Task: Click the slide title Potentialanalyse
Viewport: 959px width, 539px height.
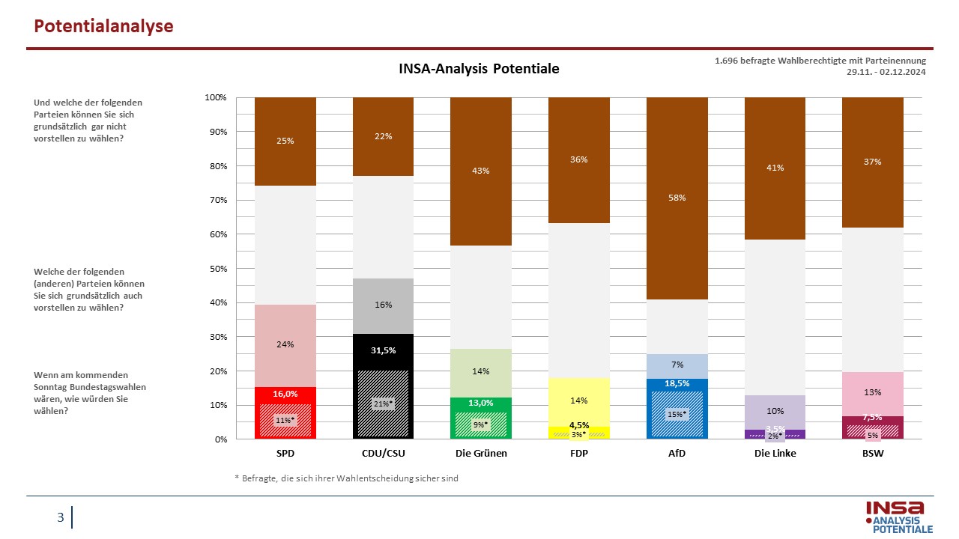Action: (x=103, y=26)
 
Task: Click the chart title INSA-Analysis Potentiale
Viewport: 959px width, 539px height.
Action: (x=479, y=68)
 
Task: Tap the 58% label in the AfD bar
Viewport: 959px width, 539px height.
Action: (x=677, y=198)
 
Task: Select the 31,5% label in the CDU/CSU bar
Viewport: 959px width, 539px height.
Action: (x=383, y=350)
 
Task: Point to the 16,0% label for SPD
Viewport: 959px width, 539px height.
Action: (x=285, y=394)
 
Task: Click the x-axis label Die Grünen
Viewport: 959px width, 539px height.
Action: (x=481, y=453)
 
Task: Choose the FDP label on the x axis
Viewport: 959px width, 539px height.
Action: (x=579, y=453)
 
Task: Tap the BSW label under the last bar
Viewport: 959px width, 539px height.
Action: (x=873, y=453)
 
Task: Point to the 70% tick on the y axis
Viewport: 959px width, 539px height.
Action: (x=218, y=200)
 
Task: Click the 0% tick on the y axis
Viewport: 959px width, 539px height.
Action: (x=221, y=439)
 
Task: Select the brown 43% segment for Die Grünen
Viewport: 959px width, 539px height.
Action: (x=481, y=171)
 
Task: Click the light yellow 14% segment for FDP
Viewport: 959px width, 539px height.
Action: (x=579, y=402)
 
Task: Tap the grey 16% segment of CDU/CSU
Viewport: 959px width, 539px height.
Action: (x=383, y=306)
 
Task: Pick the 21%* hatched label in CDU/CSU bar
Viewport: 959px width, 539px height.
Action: (x=383, y=404)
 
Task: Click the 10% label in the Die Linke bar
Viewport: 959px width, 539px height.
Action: (x=775, y=411)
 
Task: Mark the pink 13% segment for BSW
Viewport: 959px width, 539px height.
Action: (x=873, y=394)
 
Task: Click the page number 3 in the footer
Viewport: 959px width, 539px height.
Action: (x=61, y=517)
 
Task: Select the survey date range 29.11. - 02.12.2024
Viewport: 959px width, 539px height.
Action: (x=886, y=72)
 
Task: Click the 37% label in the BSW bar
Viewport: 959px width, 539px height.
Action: (x=873, y=162)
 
